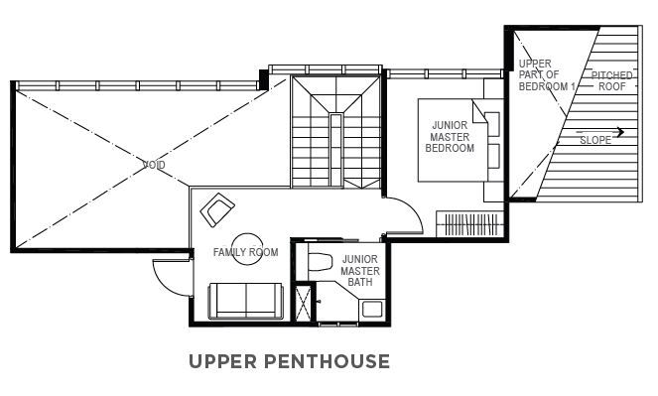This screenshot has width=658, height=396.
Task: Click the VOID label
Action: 154,165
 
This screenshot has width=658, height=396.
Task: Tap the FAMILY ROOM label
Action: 245,252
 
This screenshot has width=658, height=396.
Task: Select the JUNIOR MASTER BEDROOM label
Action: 450,137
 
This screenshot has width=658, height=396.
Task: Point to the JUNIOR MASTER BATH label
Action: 360,271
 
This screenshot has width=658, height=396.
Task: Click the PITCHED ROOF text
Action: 611,81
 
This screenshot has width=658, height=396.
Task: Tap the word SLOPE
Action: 595,140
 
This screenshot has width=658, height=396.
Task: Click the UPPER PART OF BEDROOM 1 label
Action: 547,75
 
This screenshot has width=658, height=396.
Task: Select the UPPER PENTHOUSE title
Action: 289,361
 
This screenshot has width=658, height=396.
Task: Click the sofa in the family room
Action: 246,301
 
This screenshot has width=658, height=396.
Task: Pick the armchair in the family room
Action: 217,209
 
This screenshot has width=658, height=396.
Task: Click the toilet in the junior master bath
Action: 320,262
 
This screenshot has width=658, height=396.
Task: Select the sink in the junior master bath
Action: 372,310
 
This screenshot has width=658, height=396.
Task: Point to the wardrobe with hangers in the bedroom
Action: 470,224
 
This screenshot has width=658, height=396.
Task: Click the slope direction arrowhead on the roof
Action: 621,132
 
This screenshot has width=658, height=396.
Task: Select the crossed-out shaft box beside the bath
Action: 303,304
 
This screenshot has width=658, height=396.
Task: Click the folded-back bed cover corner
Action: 479,111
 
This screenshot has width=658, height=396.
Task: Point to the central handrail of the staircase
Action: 335,150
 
